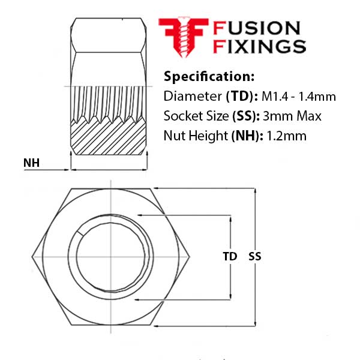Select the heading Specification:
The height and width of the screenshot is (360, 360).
coord(209,77)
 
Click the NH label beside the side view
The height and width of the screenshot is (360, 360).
coord(31,163)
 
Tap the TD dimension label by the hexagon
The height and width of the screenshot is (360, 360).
coord(230,256)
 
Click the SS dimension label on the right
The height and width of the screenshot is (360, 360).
coord(255,256)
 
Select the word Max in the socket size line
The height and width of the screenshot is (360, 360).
coord(309,116)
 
